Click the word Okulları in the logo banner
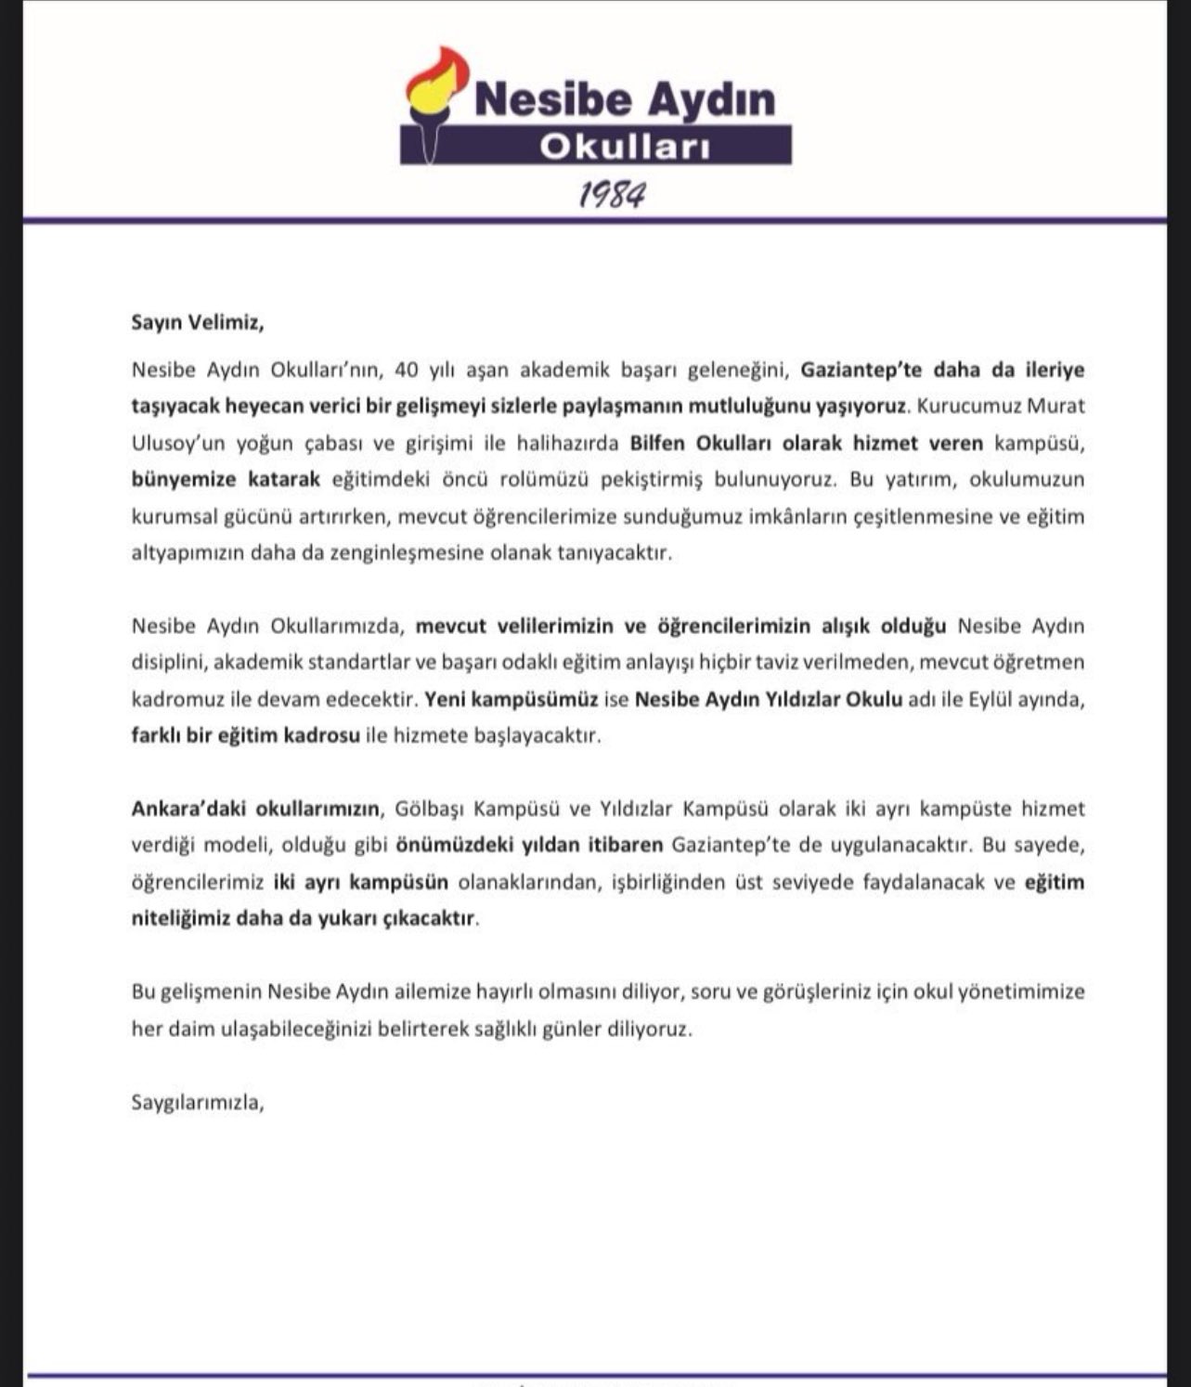tap(624, 147)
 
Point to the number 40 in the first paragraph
tap(407, 369)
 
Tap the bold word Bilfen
tap(659, 443)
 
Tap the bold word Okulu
tap(873, 698)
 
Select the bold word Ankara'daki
tap(188, 808)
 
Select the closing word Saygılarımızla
tap(198, 1103)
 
